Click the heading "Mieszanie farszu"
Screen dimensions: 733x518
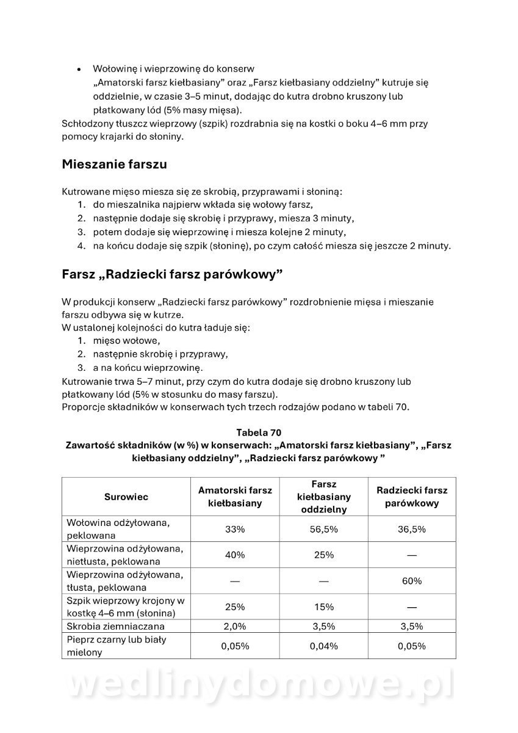click(114, 164)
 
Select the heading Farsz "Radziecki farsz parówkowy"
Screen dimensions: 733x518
click(172, 274)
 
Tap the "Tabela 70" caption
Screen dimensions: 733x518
click(259, 432)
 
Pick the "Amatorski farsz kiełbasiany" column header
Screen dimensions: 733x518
click(235, 497)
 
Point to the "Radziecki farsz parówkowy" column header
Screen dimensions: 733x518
click(412, 497)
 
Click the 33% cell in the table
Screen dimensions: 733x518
click(235, 529)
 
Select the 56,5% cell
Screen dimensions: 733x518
click(323, 529)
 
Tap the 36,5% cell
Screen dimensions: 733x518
click(412, 529)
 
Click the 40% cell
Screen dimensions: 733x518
click(235, 555)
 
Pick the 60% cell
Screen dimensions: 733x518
click(412, 581)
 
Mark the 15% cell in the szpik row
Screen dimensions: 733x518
click(323, 607)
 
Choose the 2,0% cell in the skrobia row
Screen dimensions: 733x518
click(235, 626)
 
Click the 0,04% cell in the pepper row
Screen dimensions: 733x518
click(323, 646)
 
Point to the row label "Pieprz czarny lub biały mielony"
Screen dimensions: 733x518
click(117, 646)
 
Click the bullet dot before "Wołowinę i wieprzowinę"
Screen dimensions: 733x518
click(78, 70)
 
